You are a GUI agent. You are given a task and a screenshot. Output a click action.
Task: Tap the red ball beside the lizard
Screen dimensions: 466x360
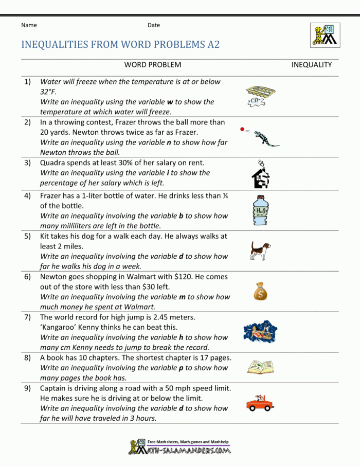(242, 129)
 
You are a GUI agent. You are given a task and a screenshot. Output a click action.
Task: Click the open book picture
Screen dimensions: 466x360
(260, 366)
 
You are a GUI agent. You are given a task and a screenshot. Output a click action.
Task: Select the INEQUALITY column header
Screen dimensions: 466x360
(312, 65)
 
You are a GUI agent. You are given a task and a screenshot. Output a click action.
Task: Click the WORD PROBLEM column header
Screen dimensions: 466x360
(152, 65)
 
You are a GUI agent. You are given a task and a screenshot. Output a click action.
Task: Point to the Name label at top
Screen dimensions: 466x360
(29, 25)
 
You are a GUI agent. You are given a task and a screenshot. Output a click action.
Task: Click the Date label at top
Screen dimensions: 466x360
(154, 25)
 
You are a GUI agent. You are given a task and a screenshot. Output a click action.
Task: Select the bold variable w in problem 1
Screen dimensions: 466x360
(170, 102)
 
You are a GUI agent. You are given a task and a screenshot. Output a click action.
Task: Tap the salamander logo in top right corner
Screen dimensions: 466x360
(323, 34)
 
